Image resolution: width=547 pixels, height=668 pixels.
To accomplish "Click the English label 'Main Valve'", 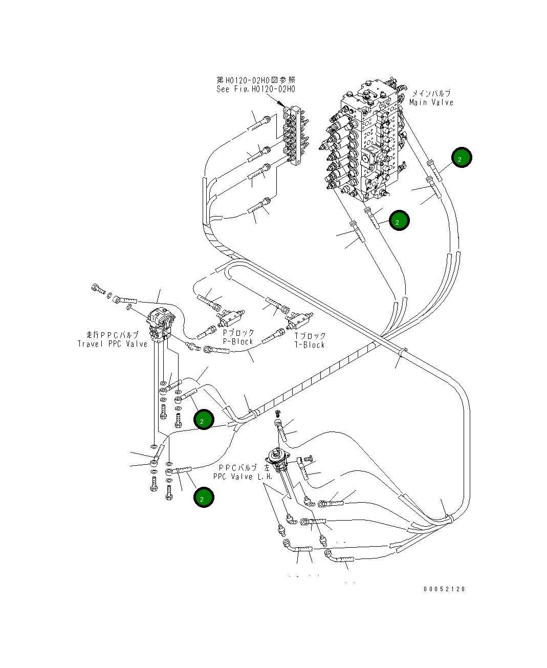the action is [431, 102].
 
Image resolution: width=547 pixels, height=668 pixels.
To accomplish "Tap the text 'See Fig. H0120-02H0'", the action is [256, 89].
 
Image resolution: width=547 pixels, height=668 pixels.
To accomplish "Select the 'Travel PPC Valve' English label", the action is [113, 344].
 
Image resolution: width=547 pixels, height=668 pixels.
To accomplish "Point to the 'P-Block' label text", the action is [238, 341].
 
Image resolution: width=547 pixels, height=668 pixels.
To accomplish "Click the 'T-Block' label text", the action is [310, 345].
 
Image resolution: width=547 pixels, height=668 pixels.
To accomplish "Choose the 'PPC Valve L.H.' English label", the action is [243, 477].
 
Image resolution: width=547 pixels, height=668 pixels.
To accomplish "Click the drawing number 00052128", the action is [445, 589].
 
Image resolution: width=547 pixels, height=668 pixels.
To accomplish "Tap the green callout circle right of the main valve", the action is [462, 158].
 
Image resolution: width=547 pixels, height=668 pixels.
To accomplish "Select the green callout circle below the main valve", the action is [399, 221].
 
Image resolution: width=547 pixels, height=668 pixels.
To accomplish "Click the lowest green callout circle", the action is [204, 497].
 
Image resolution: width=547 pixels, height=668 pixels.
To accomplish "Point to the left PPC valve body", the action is [278, 460].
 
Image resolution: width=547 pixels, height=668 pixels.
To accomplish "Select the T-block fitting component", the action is [299, 320].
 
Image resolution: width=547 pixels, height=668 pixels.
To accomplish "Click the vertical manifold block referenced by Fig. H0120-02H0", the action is [295, 136].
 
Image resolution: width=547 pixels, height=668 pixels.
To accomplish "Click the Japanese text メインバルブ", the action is [431, 93].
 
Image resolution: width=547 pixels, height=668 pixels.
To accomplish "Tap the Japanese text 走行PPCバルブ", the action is [113, 335].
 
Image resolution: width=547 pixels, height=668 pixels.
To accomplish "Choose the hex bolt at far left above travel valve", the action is [98, 289].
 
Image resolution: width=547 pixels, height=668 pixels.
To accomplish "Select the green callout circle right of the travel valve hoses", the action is [204, 419].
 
